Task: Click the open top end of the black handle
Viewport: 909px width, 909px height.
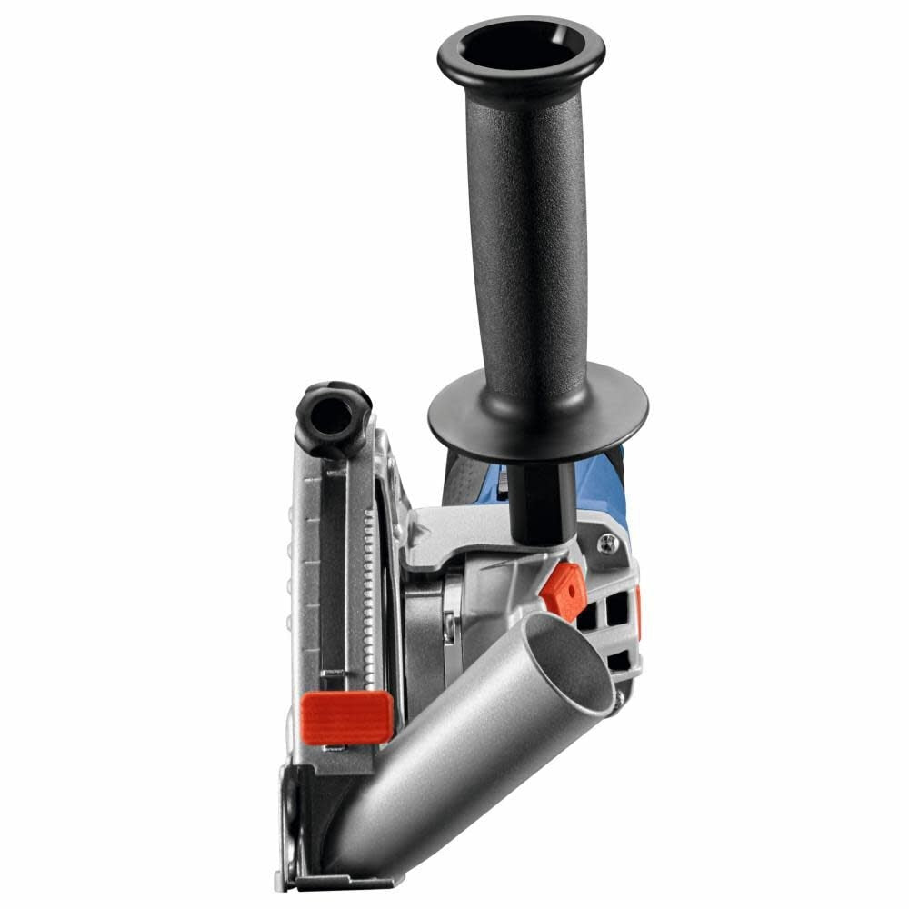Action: (x=519, y=45)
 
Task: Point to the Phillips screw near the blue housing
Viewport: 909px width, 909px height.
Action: (x=606, y=545)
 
